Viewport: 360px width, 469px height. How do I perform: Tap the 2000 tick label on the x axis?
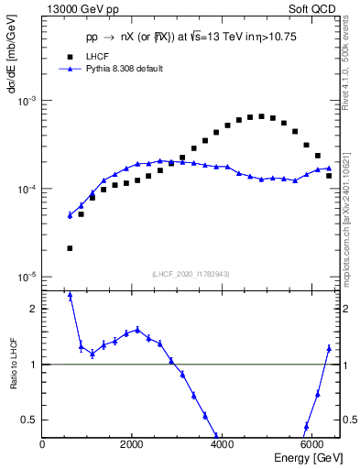132,445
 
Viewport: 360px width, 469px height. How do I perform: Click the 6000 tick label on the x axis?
311,445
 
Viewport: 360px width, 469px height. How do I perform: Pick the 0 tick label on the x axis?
43,445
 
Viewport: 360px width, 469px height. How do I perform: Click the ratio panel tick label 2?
33,310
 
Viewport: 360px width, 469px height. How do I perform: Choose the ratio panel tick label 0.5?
29,420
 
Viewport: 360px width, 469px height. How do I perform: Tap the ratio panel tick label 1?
33,365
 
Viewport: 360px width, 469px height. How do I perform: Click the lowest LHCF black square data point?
70,248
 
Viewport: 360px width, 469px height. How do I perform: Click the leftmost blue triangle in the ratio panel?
70,297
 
